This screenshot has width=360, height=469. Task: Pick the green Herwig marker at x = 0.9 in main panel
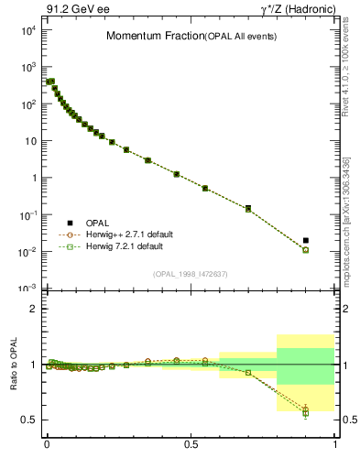(x=306, y=250)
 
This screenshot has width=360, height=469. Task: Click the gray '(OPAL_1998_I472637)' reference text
(x=190, y=272)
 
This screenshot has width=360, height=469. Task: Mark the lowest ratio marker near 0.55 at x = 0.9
(x=306, y=413)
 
